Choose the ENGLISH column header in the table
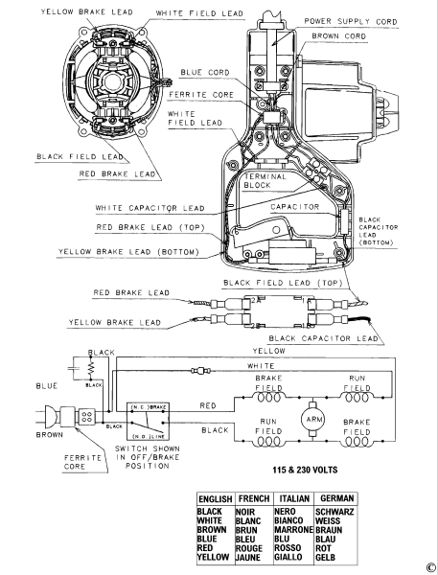point(216,499)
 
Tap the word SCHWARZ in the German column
point(337,512)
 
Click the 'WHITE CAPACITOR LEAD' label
point(150,207)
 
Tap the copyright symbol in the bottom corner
point(430,566)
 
